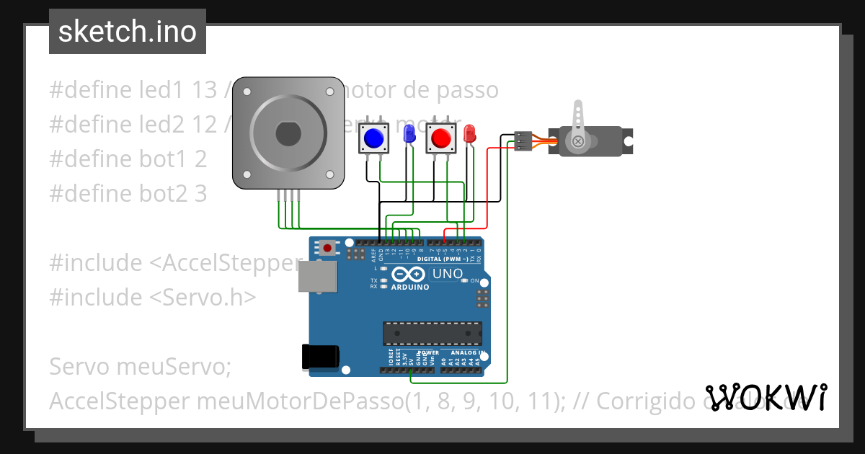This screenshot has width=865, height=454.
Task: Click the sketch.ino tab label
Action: coord(127,32)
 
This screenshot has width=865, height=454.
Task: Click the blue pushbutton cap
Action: coord(373,136)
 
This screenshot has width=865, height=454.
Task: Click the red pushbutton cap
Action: coord(440,136)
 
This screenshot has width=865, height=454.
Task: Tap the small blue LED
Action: coord(409,132)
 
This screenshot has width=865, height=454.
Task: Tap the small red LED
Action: coord(469,132)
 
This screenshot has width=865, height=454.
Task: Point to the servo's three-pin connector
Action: coord(523,141)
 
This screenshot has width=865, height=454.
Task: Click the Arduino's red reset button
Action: coord(328,248)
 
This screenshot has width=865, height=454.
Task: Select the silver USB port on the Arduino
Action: coord(317,276)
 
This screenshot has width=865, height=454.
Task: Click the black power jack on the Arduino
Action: coord(320,356)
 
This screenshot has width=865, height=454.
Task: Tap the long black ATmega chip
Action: coord(432,334)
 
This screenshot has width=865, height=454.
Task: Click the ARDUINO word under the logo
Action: coord(409,287)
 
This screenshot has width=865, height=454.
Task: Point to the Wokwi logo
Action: coord(766,397)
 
